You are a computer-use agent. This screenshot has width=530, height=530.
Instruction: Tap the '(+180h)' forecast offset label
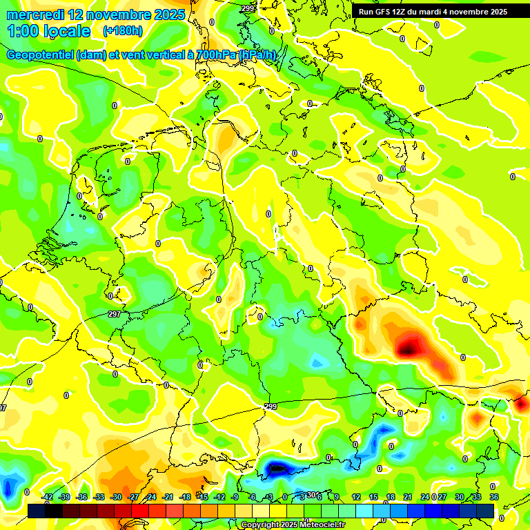(122, 31)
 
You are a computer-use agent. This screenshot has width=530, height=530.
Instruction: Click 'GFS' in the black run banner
(387, 11)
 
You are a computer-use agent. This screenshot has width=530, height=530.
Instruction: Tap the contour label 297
(115, 314)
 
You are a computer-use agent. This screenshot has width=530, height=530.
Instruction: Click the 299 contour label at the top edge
(248, 8)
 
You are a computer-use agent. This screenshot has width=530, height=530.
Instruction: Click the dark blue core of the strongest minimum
(277, 469)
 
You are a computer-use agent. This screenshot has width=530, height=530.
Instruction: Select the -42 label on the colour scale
(47, 497)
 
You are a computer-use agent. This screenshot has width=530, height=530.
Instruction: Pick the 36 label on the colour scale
(494, 497)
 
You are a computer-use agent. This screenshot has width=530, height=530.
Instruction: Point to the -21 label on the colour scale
(168, 497)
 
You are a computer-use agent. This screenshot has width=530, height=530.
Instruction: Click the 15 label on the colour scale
(373, 497)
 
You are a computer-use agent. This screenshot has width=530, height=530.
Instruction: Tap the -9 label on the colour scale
(235, 497)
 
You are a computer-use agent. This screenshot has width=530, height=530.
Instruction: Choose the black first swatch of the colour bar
(37, 511)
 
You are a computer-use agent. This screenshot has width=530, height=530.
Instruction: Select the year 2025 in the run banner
(496, 11)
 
